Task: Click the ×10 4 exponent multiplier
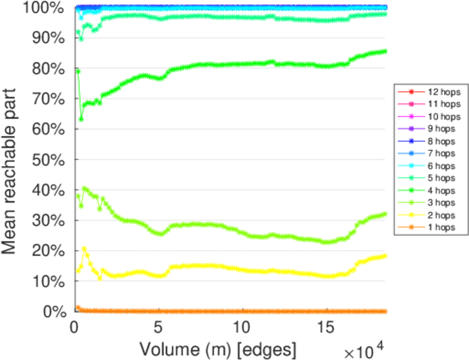tap(363, 347)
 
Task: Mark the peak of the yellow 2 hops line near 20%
tap(85, 248)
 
